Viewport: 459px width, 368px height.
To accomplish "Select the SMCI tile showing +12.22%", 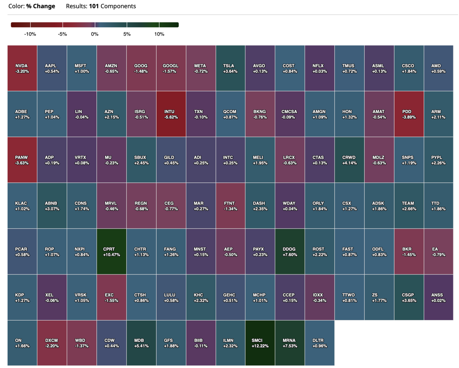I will pyautogui.click(x=260, y=343).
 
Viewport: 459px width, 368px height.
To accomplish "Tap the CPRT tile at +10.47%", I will pyautogui.click(x=112, y=251).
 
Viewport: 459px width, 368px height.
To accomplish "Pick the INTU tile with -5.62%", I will pyautogui.click(x=171, y=114).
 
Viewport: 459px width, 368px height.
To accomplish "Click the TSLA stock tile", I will pyautogui.click(x=231, y=68).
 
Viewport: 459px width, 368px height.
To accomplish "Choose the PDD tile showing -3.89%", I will pyautogui.click(x=409, y=114).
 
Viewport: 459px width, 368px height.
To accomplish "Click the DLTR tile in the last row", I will pyautogui.click(x=320, y=343).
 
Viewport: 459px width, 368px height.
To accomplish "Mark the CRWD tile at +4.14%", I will pyautogui.click(x=350, y=160).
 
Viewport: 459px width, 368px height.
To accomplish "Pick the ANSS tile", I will pyautogui.click(x=439, y=297).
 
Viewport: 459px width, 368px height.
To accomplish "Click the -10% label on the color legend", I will pyautogui.click(x=30, y=34).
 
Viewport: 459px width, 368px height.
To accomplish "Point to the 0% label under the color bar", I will pyautogui.click(x=95, y=34).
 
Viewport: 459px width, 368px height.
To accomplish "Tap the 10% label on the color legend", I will pyautogui.click(x=159, y=34).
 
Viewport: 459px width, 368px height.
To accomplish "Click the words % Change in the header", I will pyautogui.click(x=41, y=6).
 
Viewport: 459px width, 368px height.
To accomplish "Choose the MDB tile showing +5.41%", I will pyautogui.click(x=142, y=343).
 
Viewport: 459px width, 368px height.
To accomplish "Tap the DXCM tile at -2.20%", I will pyautogui.click(x=52, y=343).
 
